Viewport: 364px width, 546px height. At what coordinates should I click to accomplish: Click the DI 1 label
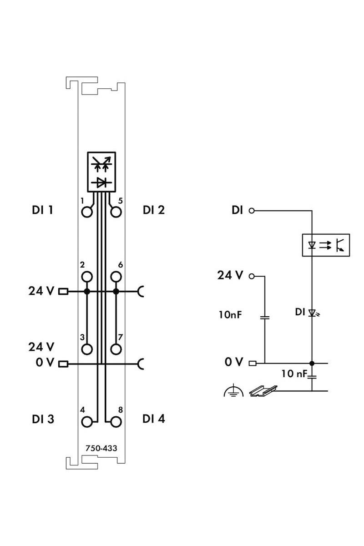coord(42,210)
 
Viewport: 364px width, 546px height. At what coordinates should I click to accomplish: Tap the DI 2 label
coord(154,210)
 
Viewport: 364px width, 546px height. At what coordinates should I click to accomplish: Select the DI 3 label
coord(43,419)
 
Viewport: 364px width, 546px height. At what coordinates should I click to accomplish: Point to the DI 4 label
coord(154,419)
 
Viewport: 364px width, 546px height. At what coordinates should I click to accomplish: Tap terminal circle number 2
coord(87,277)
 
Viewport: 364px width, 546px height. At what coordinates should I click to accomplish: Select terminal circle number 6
coord(116,277)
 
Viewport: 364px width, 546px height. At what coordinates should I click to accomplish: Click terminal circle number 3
coord(87,349)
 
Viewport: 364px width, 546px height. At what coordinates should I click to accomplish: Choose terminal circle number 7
coord(116,349)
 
